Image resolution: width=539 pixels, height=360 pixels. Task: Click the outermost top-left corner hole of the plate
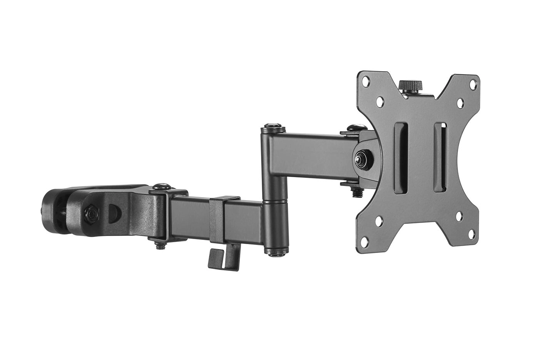[x=366, y=80]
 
